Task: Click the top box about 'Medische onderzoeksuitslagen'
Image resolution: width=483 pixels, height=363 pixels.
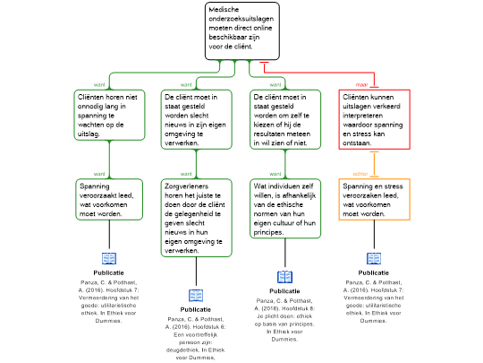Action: click(x=241, y=30)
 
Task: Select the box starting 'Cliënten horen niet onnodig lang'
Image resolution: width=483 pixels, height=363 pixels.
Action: click(x=109, y=115)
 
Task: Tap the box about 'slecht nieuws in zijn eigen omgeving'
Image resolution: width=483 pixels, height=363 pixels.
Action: click(x=196, y=119)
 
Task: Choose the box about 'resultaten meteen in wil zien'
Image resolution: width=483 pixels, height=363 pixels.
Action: click(x=284, y=119)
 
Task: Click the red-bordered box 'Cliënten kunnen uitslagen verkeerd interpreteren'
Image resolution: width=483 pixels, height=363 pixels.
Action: click(x=374, y=119)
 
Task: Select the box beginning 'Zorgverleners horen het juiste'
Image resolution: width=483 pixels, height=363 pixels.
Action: click(x=196, y=218)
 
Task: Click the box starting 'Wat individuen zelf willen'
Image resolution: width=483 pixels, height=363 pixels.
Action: click(x=284, y=209)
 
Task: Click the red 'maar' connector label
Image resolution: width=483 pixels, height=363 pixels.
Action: click(x=361, y=85)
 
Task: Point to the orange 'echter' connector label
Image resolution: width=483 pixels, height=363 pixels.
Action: click(x=360, y=173)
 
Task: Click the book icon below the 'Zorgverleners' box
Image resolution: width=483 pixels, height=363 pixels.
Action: click(x=196, y=296)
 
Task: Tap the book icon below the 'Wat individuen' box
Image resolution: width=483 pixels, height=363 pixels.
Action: click(x=284, y=277)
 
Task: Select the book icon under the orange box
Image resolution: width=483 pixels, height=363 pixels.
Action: click(x=374, y=258)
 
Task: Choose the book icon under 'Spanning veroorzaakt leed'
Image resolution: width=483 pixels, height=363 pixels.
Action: click(x=109, y=258)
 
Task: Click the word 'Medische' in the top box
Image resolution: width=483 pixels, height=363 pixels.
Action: click(x=224, y=10)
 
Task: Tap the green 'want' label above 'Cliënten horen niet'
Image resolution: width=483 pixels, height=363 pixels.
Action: click(x=99, y=85)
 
